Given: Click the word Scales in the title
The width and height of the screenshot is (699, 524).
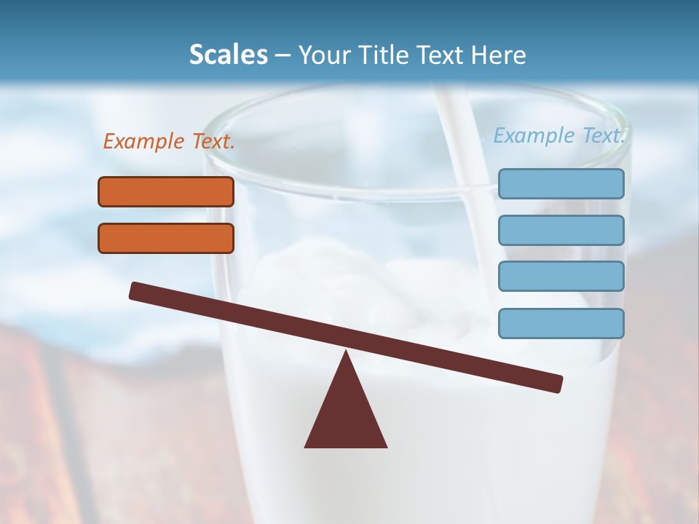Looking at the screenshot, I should coord(229,55).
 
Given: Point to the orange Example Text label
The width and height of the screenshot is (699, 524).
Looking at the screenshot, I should coord(169,142).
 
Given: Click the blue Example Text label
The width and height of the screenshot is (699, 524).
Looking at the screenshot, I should coord(559,135).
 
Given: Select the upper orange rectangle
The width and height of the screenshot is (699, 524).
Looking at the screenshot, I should coord(166,191).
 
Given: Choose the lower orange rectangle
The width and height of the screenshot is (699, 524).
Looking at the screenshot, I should coord(166,238).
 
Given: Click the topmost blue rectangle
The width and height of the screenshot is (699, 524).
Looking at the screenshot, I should coord(561,183).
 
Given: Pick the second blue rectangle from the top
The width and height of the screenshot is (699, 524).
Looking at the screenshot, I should coord(561,230).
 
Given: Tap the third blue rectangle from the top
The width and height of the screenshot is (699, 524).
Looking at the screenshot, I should coord(561,277).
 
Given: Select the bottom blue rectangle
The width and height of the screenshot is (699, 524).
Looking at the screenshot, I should coord(561,323).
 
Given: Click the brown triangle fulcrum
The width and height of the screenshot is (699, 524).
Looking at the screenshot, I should coord(346,415).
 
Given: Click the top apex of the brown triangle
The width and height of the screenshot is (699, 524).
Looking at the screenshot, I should coord(346,353).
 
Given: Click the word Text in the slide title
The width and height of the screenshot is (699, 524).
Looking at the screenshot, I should coord(438,55).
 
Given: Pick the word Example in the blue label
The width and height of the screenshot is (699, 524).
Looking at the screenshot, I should coord(534,135).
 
